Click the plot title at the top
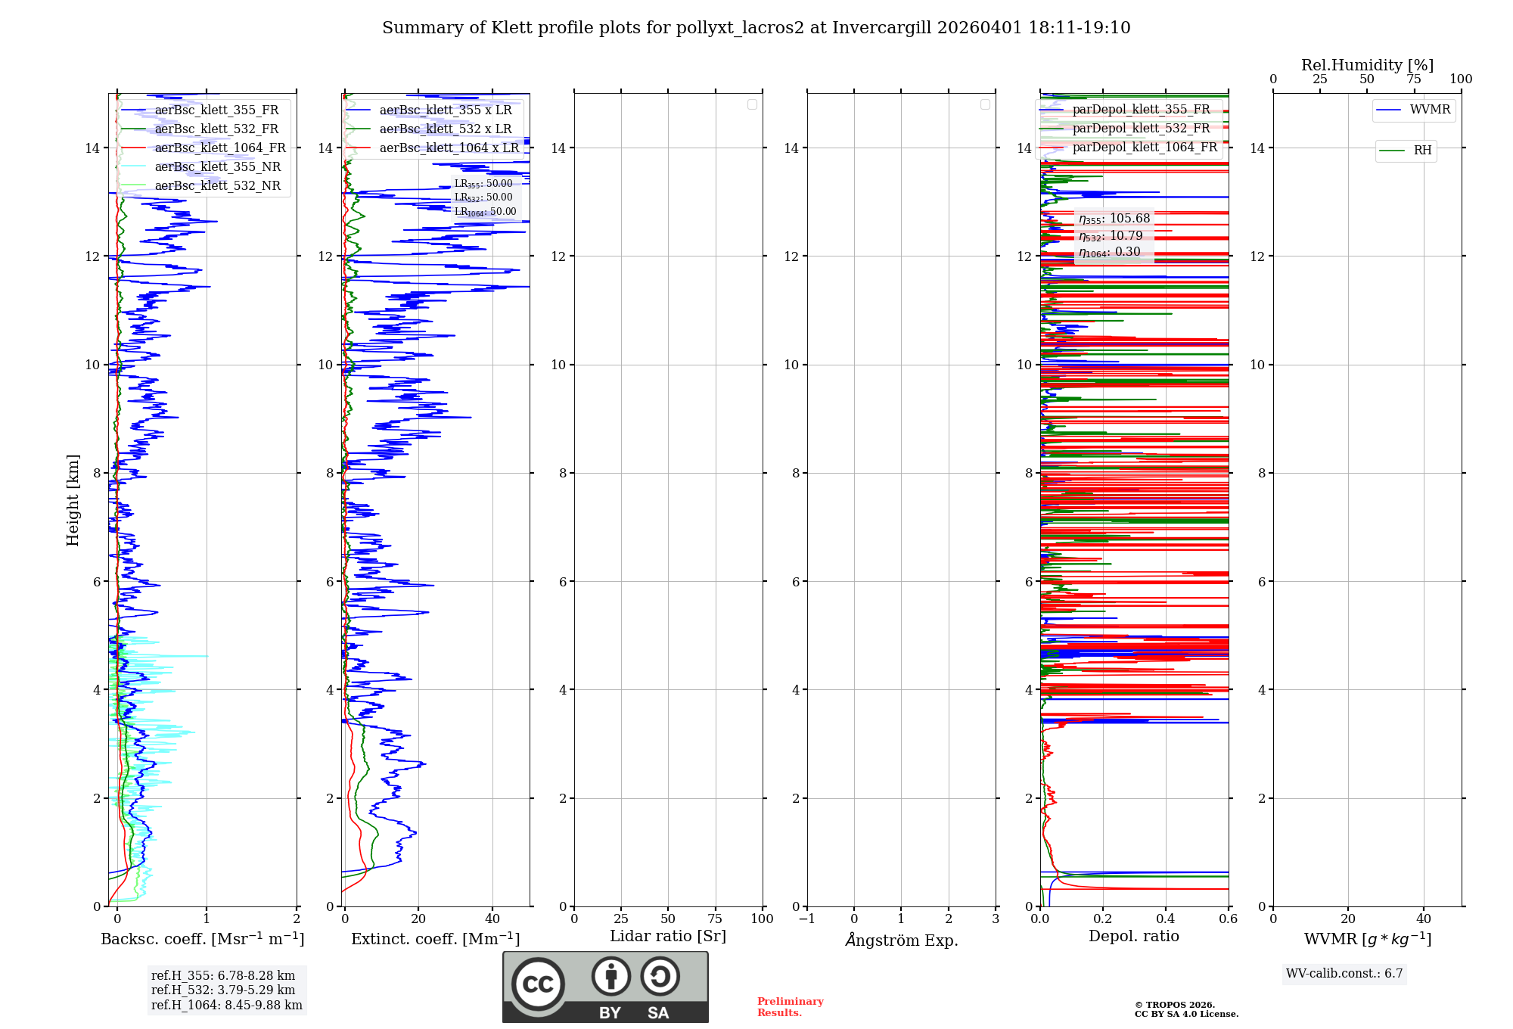tap(756, 28)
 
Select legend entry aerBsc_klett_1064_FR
tap(220, 148)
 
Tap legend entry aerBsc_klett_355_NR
tap(217, 167)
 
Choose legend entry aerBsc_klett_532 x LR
tap(445, 129)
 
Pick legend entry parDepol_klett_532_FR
tap(1141, 129)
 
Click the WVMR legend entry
tap(1430, 110)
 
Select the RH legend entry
tap(1422, 151)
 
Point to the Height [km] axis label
tap(73, 500)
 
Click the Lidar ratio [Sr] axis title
tap(668, 937)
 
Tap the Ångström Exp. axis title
tap(901, 940)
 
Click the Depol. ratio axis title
tap(1133, 937)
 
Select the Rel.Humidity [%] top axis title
tap(1367, 65)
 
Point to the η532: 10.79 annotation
tap(1111, 236)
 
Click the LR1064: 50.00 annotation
tap(485, 213)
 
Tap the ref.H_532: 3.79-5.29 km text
tap(223, 990)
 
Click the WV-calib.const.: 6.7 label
tap(1344, 974)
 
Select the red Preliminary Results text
tap(790, 1007)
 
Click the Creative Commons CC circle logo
tap(538, 984)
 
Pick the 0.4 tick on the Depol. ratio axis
tap(1166, 919)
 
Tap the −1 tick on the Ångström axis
tap(806, 919)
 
